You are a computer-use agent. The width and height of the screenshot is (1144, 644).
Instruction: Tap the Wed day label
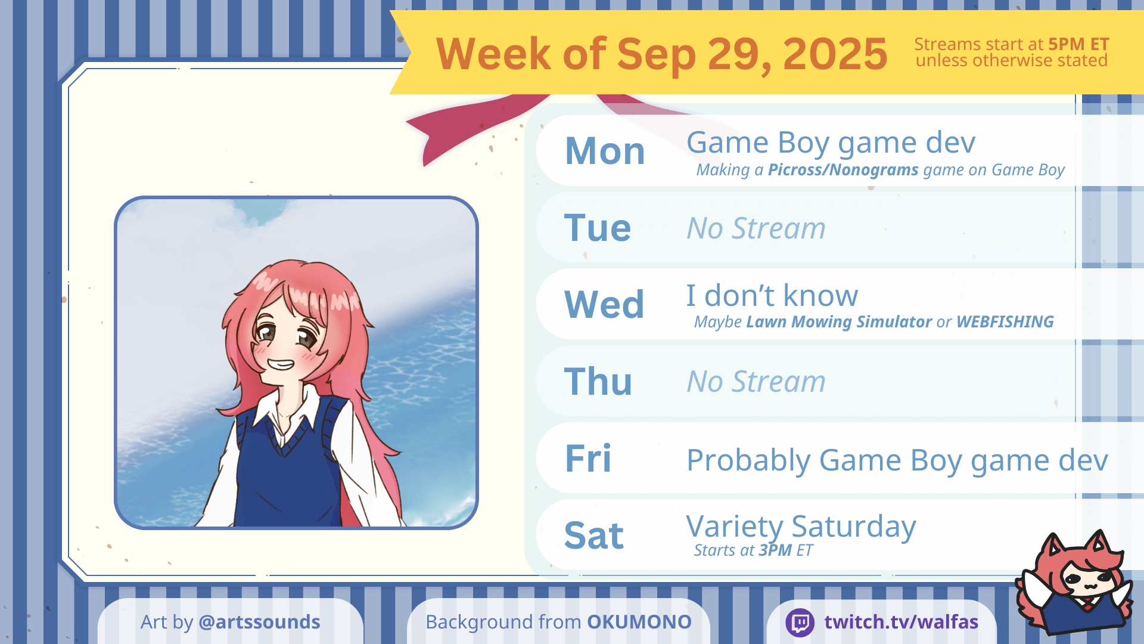coord(604,304)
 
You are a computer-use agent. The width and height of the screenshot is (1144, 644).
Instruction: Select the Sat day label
coord(594,535)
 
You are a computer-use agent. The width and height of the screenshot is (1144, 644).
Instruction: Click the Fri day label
coord(588,458)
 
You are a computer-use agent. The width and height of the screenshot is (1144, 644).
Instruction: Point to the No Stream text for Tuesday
coord(756,228)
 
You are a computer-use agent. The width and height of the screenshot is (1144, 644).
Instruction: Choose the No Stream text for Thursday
coord(756,381)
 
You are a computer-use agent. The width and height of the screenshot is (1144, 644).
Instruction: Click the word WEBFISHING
coord(1005,322)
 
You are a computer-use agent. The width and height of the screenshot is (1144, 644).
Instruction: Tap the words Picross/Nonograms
coord(843,170)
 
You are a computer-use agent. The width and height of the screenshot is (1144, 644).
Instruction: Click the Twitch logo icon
coord(800,623)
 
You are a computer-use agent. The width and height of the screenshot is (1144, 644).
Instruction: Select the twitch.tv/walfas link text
coord(901,622)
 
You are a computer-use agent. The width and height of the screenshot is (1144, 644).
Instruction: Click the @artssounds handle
coord(259,622)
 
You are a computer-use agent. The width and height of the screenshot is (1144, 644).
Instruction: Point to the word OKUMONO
coord(639,622)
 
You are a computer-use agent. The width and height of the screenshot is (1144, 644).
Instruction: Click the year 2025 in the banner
coord(835,54)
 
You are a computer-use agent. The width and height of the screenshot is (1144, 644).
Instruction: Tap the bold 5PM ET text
coord(1078,44)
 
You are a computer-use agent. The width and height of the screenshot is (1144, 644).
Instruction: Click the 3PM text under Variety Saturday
coord(775,550)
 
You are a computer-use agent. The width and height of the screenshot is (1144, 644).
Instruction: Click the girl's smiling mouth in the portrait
coord(280,364)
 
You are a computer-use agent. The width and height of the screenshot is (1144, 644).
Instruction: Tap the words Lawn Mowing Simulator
coord(839,322)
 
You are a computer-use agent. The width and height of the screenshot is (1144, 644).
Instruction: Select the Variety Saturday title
coord(801,527)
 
